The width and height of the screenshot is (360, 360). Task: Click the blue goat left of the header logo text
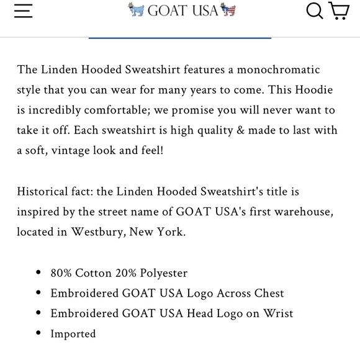coord(135,10)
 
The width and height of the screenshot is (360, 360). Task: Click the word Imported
coord(73,333)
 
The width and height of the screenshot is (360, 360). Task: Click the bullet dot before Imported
coord(39,334)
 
